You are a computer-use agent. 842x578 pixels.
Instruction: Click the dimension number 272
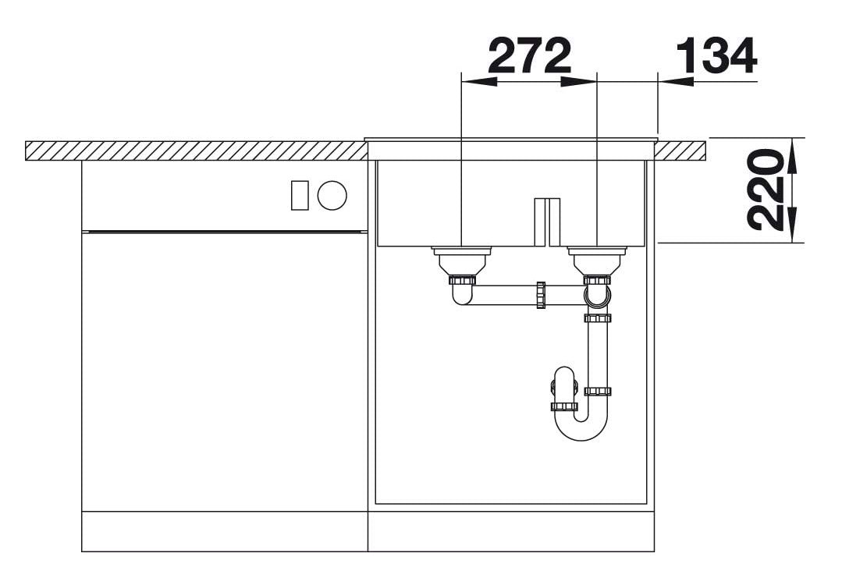(x=529, y=56)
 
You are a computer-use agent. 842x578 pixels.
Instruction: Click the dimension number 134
(x=716, y=56)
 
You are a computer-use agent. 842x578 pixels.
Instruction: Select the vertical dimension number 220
(x=766, y=190)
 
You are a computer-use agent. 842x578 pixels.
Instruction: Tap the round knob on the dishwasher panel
(x=332, y=195)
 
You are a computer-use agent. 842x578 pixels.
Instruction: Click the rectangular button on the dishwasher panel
(x=300, y=195)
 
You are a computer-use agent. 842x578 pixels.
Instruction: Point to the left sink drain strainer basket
(x=461, y=261)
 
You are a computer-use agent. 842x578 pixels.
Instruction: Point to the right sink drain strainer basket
(x=597, y=261)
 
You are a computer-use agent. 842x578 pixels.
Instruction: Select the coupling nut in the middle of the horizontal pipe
(x=541, y=295)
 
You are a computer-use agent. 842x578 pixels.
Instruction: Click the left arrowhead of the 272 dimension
(x=479, y=82)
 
